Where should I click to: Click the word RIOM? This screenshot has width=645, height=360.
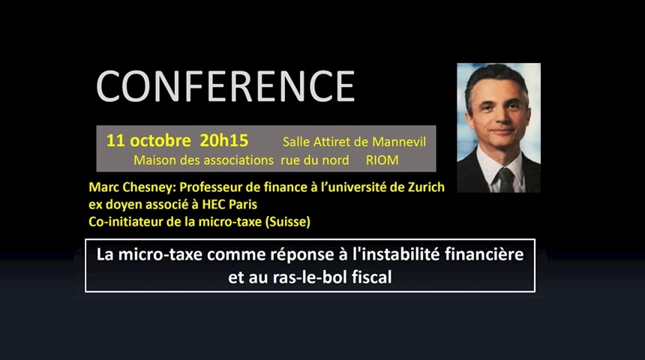pos(382,160)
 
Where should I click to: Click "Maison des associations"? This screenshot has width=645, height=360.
pos(203,160)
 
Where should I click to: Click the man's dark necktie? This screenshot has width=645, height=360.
pos(506,180)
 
